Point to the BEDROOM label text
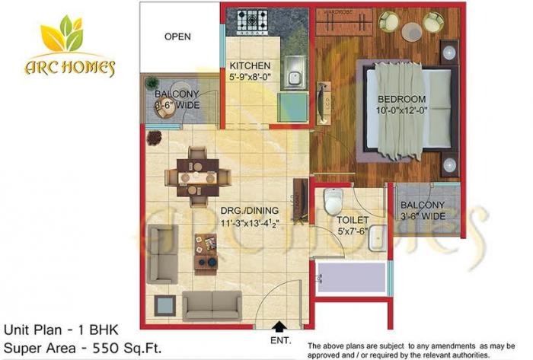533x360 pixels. click(x=404, y=100)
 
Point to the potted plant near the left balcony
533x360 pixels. click(x=155, y=138)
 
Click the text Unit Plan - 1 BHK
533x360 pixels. click(x=59, y=330)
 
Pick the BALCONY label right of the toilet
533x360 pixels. click(x=426, y=205)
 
